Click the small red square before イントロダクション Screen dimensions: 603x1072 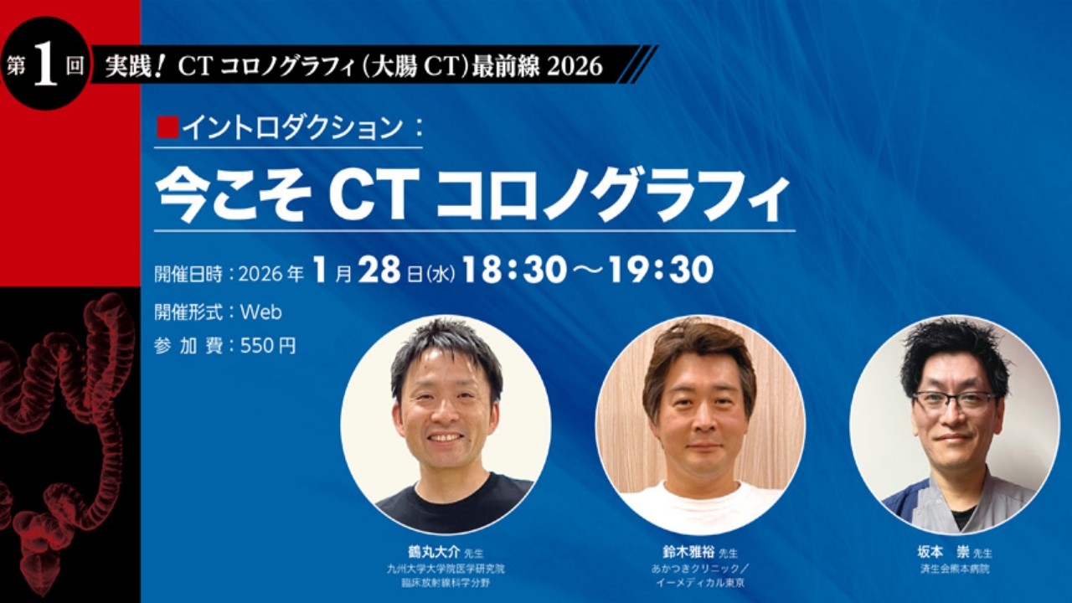[168, 127]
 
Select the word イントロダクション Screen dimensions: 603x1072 [292, 127]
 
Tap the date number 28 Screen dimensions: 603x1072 [380, 270]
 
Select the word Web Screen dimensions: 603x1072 [260, 312]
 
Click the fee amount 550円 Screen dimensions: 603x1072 [268, 346]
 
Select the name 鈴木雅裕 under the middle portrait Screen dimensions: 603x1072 [688, 553]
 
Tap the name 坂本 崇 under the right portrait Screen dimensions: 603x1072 [943, 553]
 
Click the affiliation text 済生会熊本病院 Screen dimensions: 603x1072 [954, 568]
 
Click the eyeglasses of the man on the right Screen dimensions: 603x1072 [954, 400]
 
